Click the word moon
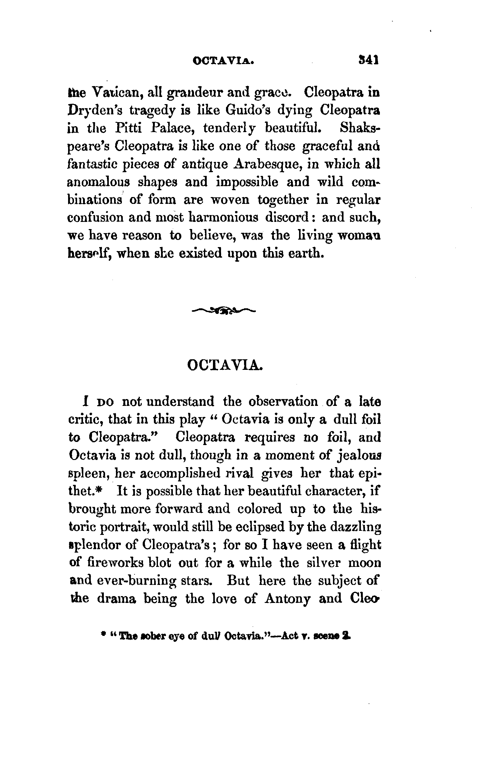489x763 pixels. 365,563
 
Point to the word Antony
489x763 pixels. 287,599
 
